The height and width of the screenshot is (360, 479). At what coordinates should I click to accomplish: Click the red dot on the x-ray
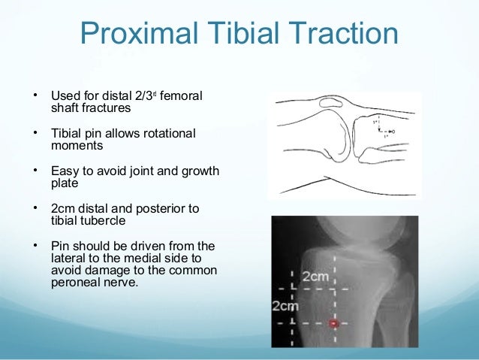tap(334, 323)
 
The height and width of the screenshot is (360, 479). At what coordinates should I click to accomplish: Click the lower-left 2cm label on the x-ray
tap(285, 306)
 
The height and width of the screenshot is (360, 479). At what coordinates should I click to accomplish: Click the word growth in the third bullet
tap(201, 171)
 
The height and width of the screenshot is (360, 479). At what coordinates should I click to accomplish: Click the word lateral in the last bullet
tap(67, 257)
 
